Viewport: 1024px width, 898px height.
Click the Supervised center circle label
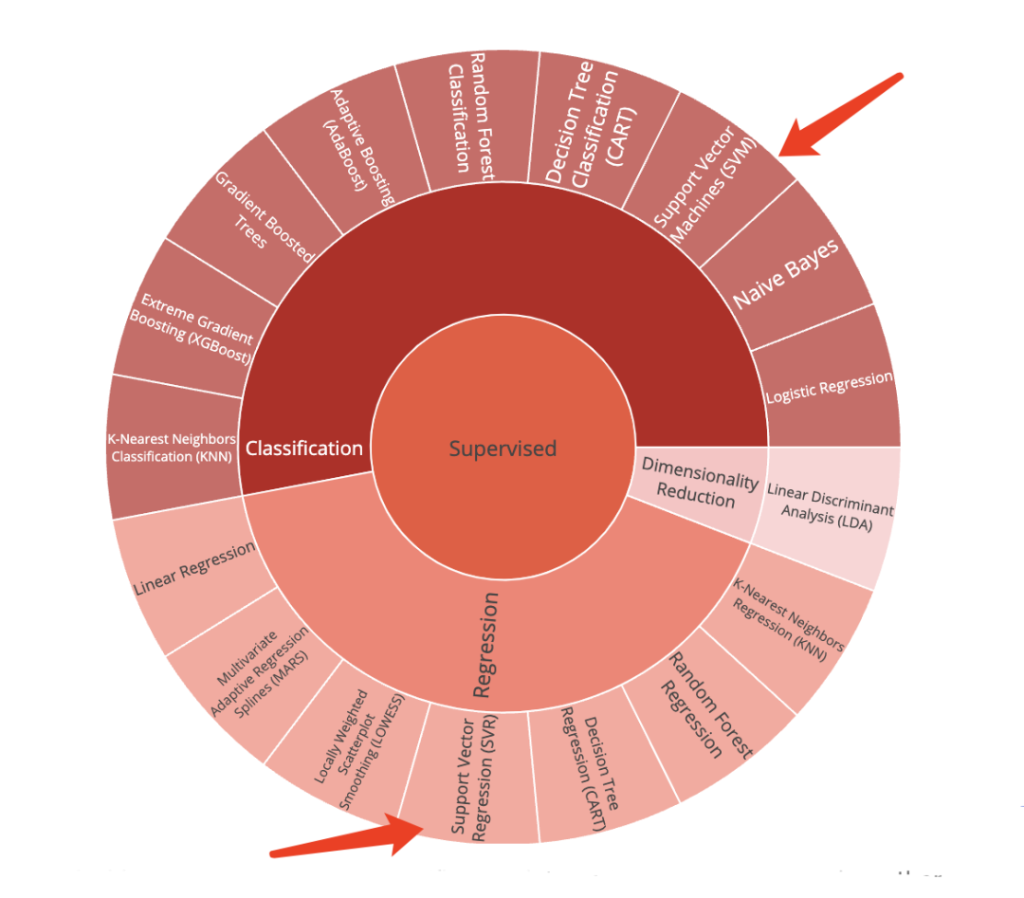click(503, 449)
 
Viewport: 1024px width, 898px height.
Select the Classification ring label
click(304, 448)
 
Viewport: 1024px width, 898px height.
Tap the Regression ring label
click(485, 645)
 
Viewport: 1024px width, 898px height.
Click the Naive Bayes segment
click(786, 275)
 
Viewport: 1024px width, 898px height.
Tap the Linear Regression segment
click(194, 569)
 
